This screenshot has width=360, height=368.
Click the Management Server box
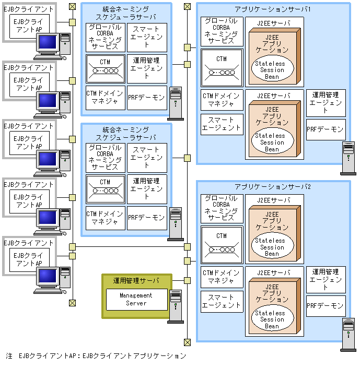(136, 299)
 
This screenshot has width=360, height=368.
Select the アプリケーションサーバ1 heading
(273, 9)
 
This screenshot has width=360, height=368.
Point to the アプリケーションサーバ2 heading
(273, 186)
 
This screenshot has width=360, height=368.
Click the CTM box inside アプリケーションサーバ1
(222, 67)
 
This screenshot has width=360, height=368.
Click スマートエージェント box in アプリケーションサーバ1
(222, 124)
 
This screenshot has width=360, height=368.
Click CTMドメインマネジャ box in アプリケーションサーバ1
(222, 100)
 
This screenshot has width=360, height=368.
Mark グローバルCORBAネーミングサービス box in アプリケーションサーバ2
(222, 208)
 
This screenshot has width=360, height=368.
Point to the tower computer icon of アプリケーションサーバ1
(347, 158)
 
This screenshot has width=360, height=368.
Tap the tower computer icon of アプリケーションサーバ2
(347, 334)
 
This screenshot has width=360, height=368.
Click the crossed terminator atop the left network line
(73, 6)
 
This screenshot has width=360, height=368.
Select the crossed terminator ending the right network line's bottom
(187, 342)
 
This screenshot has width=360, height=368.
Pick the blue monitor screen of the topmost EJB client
(48, 41)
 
